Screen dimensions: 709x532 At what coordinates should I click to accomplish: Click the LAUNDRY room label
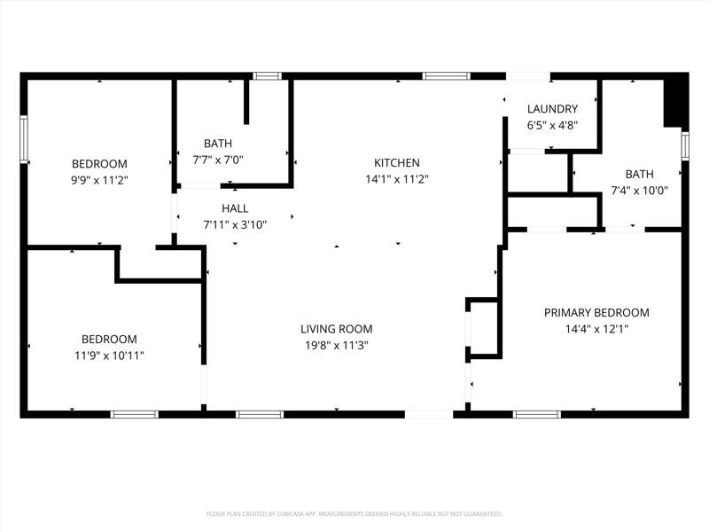click(552, 109)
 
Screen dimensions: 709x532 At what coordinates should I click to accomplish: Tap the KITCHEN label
click(396, 163)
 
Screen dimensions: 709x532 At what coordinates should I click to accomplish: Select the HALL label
click(235, 208)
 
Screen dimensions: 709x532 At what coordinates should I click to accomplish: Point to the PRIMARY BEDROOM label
click(596, 313)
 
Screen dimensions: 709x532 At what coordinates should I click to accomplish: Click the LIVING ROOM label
click(337, 329)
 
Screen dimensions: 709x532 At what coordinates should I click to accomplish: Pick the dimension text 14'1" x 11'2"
click(396, 180)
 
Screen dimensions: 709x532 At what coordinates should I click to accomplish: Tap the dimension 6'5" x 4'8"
click(552, 125)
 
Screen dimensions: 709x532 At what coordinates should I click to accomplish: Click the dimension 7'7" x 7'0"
click(218, 160)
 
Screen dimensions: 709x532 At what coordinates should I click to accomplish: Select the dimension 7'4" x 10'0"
click(639, 191)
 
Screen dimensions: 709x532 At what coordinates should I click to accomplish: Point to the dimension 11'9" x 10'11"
click(109, 356)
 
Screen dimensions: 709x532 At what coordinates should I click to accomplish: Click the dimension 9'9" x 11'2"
click(99, 181)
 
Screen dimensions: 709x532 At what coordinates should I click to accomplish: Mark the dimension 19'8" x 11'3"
click(337, 346)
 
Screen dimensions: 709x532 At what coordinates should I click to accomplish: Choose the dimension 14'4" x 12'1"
click(596, 329)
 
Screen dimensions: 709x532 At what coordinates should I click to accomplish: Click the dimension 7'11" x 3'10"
click(235, 225)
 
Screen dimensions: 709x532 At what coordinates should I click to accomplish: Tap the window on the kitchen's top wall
click(447, 76)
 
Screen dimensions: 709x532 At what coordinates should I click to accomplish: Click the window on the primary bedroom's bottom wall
click(537, 414)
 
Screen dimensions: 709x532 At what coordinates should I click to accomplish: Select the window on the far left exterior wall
click(24, 139)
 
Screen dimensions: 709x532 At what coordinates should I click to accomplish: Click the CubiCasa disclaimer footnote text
click(354, 514)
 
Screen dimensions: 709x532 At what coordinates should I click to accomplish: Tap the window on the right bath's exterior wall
click(685, 145)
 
